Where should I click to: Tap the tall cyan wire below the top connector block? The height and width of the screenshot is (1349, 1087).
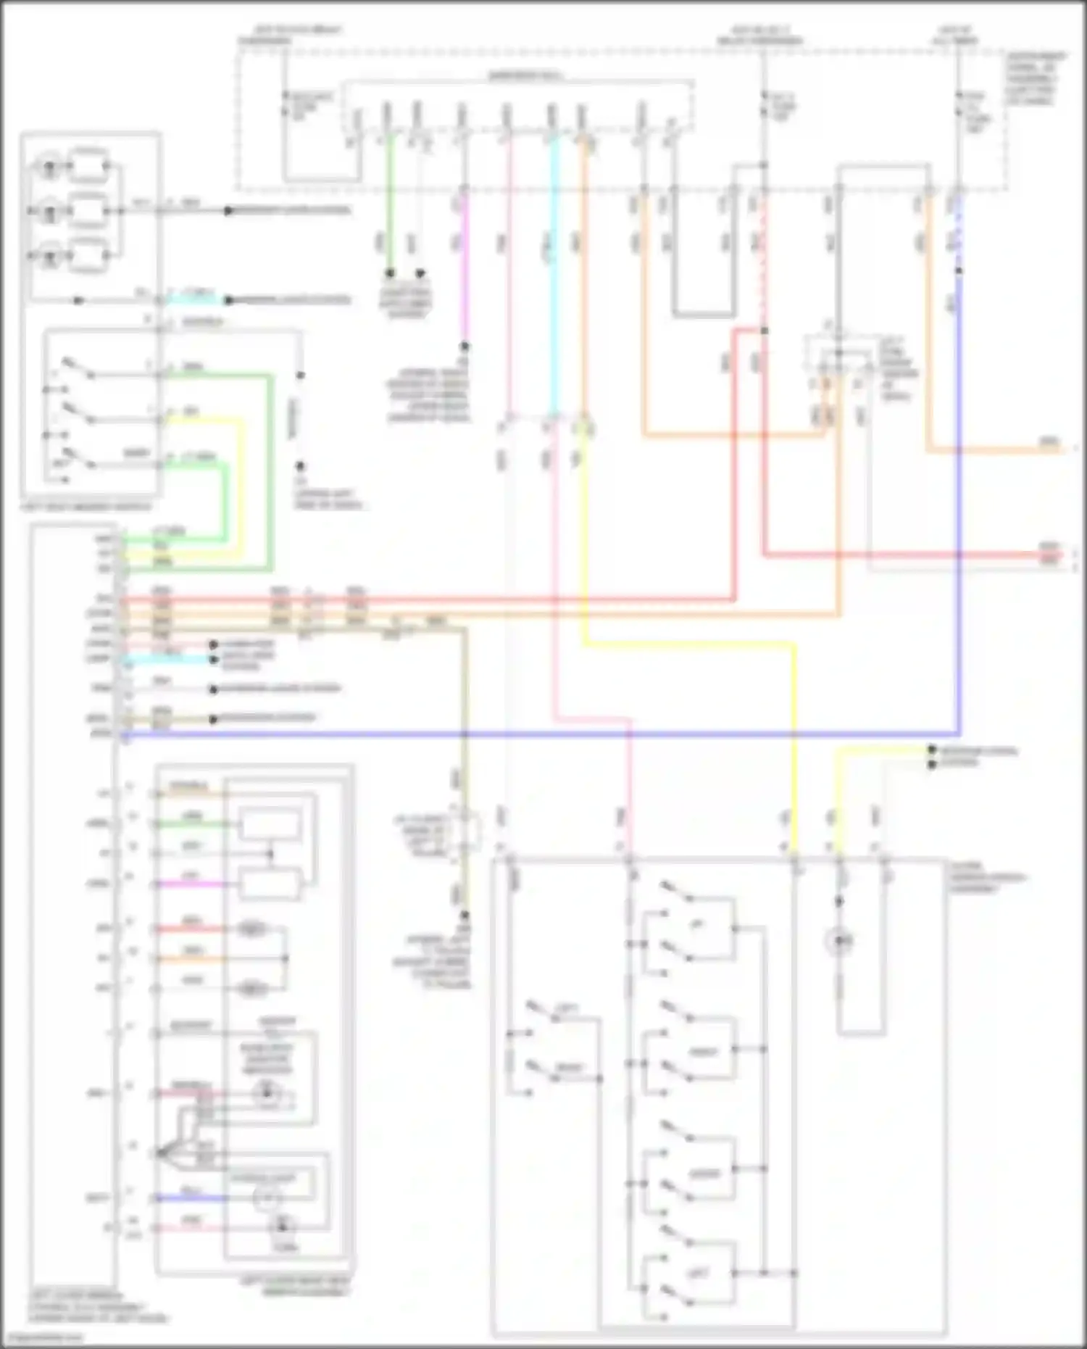tap(554, 275)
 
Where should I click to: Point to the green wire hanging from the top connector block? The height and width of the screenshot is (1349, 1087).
tap(390, 203)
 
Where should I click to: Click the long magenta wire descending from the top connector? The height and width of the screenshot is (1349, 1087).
tap(465, 268)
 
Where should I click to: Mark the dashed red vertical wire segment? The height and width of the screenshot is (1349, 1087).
tap(763, 261)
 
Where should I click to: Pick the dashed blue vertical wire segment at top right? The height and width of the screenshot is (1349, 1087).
tap(959, 232)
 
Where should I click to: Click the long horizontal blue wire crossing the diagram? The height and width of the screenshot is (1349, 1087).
tap(543, 734)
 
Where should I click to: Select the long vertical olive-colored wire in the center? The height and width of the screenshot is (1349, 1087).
tap(465, 725)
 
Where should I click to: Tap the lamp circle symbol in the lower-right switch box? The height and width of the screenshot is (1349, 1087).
tap(839, 941)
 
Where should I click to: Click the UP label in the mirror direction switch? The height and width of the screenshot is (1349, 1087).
tap(697, 925)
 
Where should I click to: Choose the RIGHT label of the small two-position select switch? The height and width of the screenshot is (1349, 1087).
tap(568, 1068)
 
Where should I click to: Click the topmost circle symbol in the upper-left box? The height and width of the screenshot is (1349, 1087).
tap(49, 168)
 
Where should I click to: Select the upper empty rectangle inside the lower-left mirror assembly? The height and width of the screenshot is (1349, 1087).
tap(270, 825)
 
